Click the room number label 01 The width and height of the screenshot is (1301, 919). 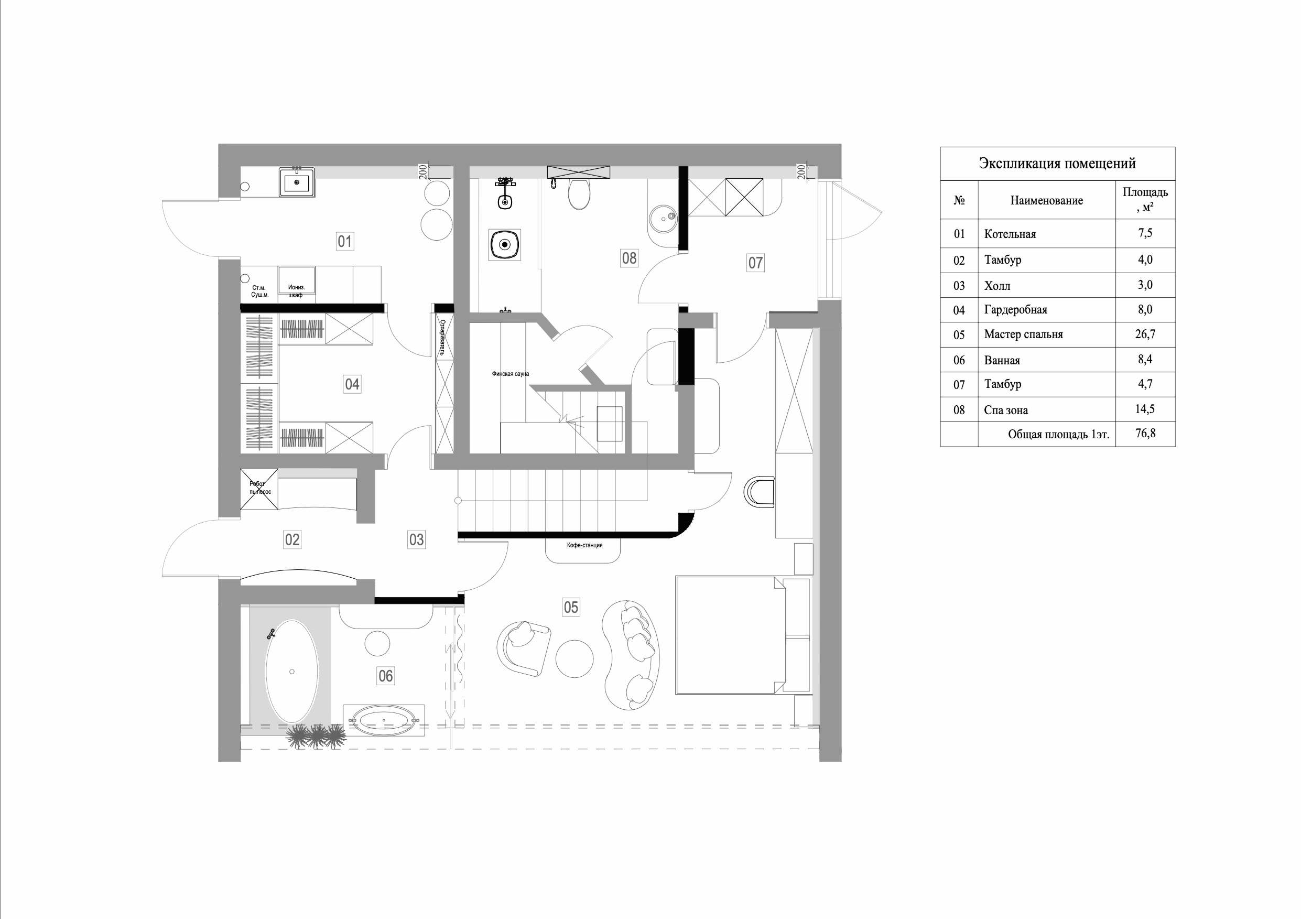tap(344, 241)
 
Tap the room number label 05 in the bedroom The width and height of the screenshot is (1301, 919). tap(571, 608)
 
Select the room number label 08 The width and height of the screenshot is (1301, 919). tap(629, 258)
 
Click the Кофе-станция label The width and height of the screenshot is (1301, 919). tap(584, 546)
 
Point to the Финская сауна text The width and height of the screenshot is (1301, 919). tap(510, 374)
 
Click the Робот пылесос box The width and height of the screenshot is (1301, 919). tap(259, 489)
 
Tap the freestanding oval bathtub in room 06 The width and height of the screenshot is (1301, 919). tap(292, 672)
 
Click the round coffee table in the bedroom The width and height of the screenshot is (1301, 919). tap(574, 658)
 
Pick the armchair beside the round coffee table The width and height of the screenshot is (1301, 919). tap(524, 648)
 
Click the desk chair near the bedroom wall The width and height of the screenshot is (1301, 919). tap(758, 492)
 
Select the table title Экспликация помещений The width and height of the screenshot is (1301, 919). tap(1057, 164)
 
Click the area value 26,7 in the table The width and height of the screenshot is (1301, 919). tap(1145, 334)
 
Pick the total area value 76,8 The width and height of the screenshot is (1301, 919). tap(1145, 434)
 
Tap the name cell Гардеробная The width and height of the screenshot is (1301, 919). tap(1015, 310)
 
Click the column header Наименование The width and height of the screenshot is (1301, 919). tap(1046, 201)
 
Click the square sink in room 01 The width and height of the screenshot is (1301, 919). tap(296, 182)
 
